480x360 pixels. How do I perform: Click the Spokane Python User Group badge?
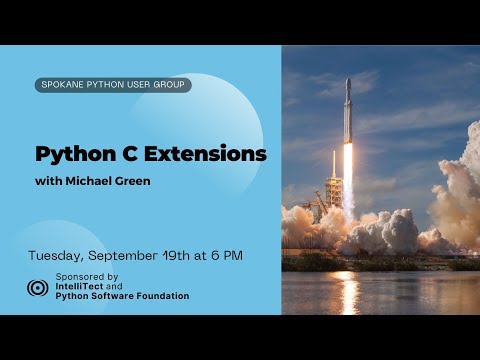click(x=112, y=85)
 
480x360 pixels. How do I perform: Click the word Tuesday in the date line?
click(x=58, y=255)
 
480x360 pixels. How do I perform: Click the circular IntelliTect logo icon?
click(x=38, y=287)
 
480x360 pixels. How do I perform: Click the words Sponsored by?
click(x=87, y=276)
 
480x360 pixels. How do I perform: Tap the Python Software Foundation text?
click(x=122, y=296)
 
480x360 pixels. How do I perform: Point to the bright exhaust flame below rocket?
click(x=348, y=175)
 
